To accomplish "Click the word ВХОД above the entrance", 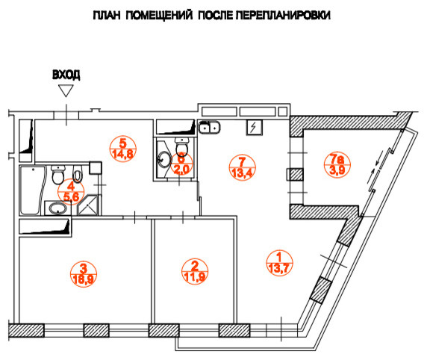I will click(x=66, y=75).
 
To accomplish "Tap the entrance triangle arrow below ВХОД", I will click(x=66, y=91).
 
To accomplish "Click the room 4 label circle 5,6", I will click(x=72, y=192).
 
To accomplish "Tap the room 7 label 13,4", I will click(x=240, y=165).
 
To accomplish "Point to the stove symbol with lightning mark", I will click(x=255, y=128).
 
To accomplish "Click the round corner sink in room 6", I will click(x=163, y=159).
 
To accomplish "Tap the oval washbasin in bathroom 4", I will click(x=57, y=208).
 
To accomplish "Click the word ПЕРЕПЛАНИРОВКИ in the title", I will click(x=285, y=15).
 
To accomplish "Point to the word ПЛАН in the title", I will click(x=107, y=15).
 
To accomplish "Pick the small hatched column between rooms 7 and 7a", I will click(x=296, y=176).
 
